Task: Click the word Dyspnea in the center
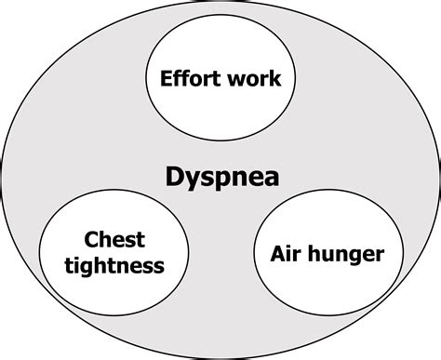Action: [x=220, y=177]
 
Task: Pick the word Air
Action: [x=284, y=252]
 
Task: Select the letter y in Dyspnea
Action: [x=192, y=180]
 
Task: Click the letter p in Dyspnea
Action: [x=223, y=180]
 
